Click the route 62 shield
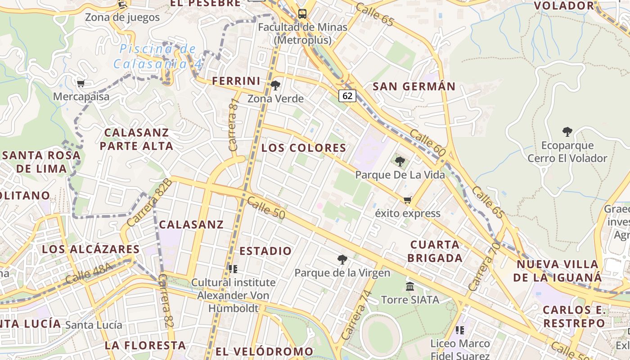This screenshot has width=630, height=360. (347, 95)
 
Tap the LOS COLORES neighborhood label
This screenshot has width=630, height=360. (304, 148)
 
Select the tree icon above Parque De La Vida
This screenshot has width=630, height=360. (400, 162)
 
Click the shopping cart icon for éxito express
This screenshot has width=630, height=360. (408, 200)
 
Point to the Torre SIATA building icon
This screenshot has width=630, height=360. (410, 286)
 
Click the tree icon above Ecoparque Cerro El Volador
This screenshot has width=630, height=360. (567, 132)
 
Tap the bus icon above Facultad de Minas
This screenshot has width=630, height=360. (302, 13)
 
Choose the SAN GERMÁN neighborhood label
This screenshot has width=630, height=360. (414, 86)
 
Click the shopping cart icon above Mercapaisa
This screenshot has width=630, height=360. (81, 83)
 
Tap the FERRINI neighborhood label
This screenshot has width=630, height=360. (236, 81)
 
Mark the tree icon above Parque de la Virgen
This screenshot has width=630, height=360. (342, 259)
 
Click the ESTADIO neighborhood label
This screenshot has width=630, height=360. (265, 251)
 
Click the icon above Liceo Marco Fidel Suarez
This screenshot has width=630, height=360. (459, 330)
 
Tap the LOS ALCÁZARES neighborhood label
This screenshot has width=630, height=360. (91, 249)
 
